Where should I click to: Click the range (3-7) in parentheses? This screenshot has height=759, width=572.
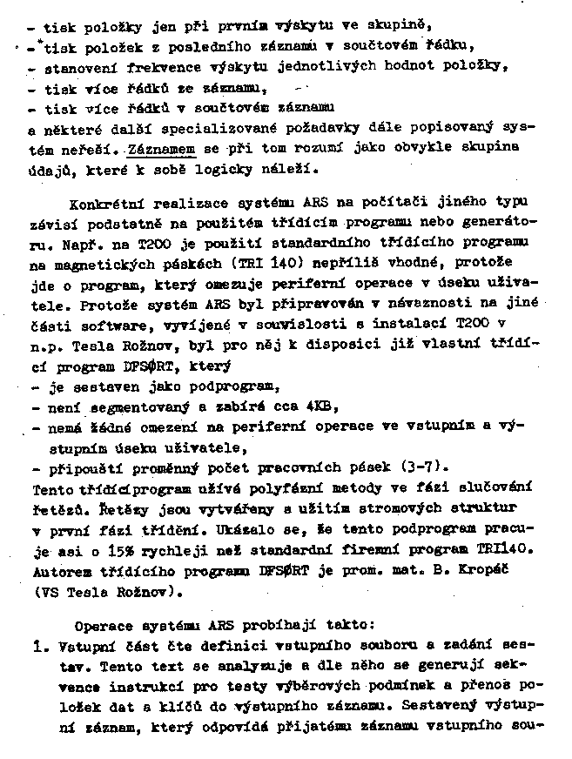tap(422, 467)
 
